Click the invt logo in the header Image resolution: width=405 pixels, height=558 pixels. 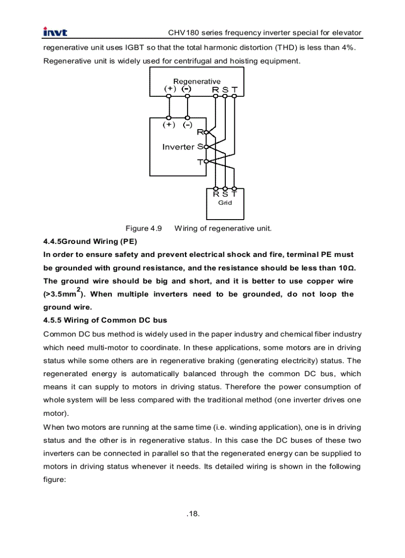pos(55,33)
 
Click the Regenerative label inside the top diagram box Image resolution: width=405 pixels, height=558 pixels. pos(197,81)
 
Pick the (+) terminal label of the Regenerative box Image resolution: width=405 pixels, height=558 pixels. pos(170,89)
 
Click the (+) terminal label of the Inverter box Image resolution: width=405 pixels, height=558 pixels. pos(169,125)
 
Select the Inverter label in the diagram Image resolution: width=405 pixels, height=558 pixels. pos(178,147)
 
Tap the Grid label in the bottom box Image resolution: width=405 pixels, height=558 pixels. pos(225,203)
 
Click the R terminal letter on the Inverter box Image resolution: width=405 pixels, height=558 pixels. pos(200,132)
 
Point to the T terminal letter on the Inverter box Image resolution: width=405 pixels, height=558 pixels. pos(200,162)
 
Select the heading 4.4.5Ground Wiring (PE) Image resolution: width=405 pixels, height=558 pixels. pos(90,241)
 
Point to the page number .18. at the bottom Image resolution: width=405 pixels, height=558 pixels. pos(194,513)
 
